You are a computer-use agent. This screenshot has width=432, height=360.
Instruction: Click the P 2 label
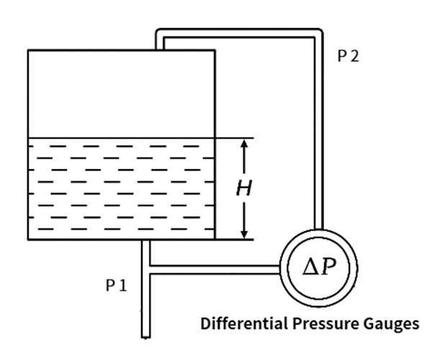click(x=348, y=57)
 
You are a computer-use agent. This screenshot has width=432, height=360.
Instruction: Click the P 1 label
click(x=116, y=285)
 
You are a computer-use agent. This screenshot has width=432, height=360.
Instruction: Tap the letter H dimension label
click(x=244, y=189)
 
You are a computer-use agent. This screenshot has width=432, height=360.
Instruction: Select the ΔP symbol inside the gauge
click(x=318, y=269)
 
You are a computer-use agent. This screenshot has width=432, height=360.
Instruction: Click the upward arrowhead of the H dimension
click(x=246, y=143)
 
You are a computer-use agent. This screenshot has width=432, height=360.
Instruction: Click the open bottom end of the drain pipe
click(x=145, y=335)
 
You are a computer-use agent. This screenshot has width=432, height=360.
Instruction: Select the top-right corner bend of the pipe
click(x=317, y=34)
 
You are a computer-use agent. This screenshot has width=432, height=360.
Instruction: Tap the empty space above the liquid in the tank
click(x=121, y=94)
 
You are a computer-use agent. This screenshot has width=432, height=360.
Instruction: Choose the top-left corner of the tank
click(x=28, y=50)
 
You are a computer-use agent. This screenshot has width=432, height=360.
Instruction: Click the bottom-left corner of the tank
click(x=28, y=238)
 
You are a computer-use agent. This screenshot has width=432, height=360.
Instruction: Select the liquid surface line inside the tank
click(x=121, y=138)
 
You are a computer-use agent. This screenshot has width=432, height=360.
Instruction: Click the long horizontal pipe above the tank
click(x=238, y=32)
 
